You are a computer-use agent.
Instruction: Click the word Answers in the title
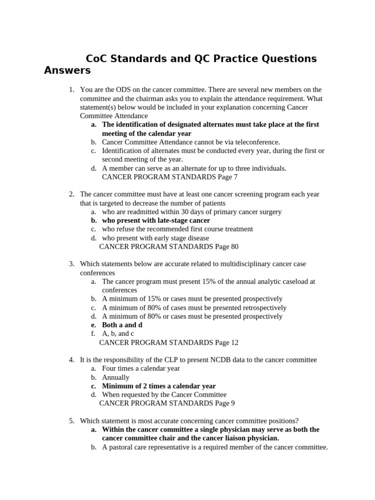point(67,70)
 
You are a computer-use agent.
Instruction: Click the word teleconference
point(257,142)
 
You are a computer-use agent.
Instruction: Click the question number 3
point(71,264)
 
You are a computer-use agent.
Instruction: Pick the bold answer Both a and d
point(122,325)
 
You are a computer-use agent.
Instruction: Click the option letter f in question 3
point(93,333)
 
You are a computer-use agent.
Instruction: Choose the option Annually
point(116,377)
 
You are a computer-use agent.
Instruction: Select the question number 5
point(71,421)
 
